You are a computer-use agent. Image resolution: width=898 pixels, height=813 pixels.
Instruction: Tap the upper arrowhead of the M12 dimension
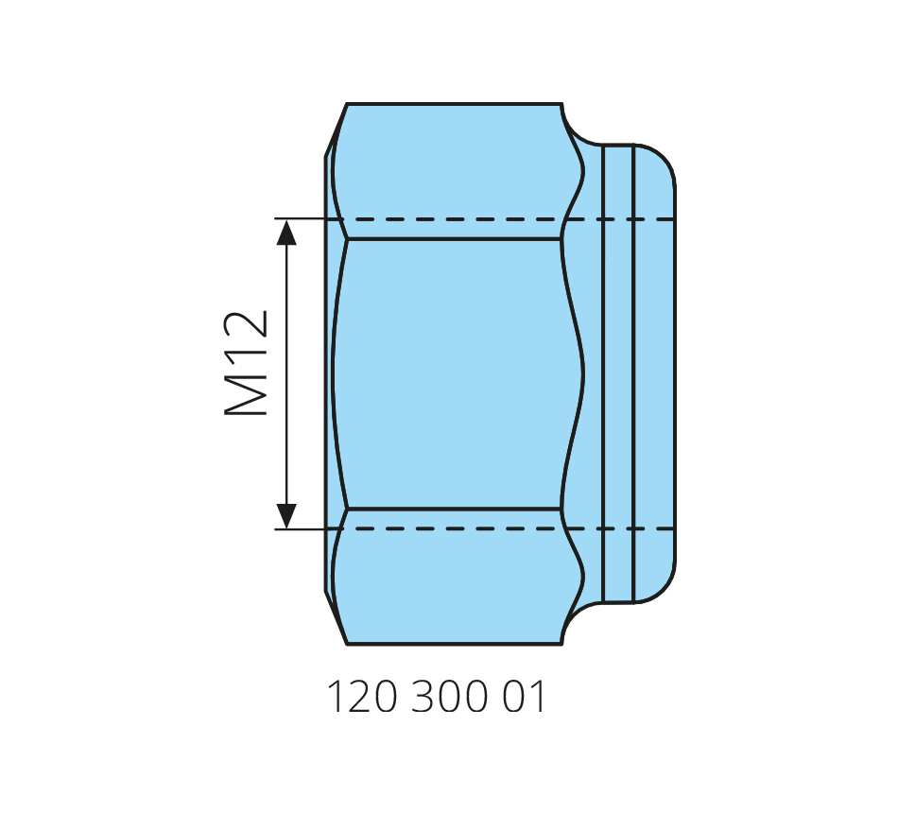(286, 232)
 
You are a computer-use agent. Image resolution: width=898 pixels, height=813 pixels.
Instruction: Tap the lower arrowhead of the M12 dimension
(286, 515)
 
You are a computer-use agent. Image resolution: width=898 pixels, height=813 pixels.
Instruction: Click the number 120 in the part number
(362, 697)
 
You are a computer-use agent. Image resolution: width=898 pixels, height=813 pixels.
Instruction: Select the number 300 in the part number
(450, 697)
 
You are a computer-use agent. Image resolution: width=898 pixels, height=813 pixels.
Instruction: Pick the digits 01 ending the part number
(524, 697)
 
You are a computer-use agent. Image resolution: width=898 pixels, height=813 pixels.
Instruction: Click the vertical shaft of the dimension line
(286, 374)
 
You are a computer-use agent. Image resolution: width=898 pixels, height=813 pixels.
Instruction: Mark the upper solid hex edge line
(454, 238)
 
